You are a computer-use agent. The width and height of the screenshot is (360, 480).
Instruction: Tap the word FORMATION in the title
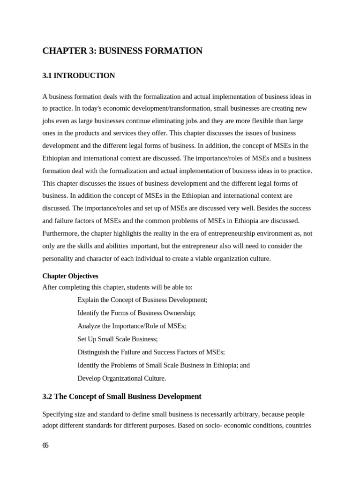point(179,51)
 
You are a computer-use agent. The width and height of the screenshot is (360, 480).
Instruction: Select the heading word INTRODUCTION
point(91,75)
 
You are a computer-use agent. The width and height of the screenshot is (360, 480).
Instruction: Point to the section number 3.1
point(47,75)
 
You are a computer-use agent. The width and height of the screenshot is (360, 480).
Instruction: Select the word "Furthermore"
point(60,233)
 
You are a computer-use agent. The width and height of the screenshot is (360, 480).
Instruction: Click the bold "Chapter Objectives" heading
point(70,276)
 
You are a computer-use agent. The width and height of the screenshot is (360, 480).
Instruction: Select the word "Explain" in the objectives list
point(88,300)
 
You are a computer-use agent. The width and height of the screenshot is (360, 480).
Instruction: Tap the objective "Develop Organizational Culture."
point(122,378)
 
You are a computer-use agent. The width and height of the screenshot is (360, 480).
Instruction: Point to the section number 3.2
point(47,397)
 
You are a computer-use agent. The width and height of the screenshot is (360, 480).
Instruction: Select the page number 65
point(45,446)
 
